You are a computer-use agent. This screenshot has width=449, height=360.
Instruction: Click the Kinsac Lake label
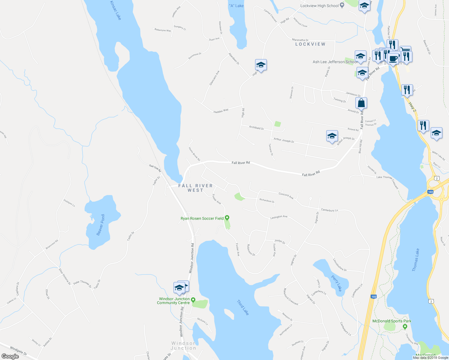tap(116, 10)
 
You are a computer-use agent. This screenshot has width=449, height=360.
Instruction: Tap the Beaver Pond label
tap(101, 225)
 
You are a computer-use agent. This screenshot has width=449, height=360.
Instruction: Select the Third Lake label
tap(243, 307)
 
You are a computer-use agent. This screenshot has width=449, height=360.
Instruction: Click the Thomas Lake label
tap(415, 260)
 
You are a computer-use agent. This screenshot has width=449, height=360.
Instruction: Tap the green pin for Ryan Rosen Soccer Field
tap(227, 218)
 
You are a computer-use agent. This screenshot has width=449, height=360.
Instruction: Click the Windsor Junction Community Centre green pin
tap(193, 300)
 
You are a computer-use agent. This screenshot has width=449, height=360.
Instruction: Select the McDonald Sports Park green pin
tap(405, 326)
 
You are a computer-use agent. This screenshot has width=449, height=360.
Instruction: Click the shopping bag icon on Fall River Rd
tap(361, 103)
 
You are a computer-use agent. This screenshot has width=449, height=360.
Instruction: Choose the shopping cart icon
tap(405, 50)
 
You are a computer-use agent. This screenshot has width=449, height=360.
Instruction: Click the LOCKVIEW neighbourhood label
tap(310, 44)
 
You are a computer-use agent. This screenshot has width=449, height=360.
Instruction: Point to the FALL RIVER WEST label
tap(195, 188)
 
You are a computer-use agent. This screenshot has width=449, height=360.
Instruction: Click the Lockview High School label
tap(319, 6)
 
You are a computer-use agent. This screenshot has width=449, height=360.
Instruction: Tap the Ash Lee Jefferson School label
tap(335, 62)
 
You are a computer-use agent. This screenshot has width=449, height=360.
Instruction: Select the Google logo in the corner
tap(10, 356)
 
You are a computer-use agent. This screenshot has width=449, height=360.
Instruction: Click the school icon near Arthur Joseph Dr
tap(332, 136)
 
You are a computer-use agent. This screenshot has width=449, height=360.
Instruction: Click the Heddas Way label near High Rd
tap(221, 111)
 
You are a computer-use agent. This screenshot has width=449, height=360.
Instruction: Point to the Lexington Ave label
tap(279, 217)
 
